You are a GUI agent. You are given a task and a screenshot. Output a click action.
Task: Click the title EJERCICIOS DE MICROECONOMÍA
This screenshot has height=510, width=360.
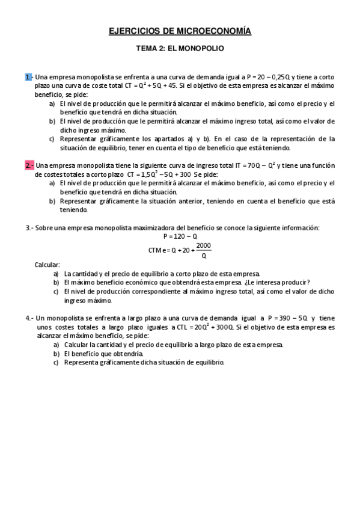(x=180, y=31)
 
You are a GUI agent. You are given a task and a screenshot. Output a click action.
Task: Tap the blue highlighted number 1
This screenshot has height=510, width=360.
(x=28, y=77)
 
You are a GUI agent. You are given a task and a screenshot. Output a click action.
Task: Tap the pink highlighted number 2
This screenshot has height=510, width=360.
(x=29, y=165)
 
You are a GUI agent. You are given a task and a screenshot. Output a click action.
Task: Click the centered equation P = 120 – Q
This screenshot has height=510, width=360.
(x=180, y=237)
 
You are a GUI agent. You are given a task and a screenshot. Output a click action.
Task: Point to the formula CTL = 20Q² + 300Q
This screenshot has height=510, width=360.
(x=199, y=327)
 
